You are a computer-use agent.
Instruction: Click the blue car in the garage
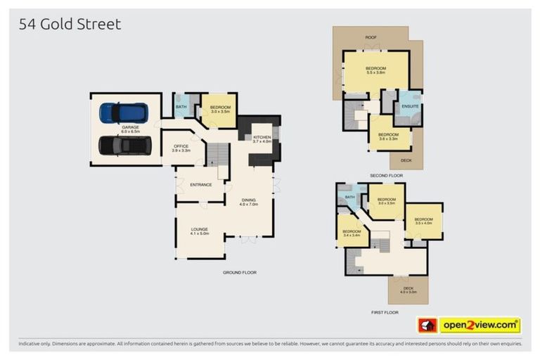coord(124,112)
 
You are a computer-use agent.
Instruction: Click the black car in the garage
coord(125,146)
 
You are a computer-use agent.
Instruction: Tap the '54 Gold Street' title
coord(70,24)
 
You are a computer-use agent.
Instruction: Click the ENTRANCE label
coord(200,184)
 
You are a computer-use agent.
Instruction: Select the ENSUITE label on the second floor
coord(409,107)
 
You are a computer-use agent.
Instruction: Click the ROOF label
coord(370,37)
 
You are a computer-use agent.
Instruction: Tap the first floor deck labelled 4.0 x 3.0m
coord(408,290)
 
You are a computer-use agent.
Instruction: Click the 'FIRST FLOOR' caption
coord(384,311)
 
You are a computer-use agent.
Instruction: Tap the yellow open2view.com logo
coord(480,325)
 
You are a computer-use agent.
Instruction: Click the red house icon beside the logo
coord(427,325)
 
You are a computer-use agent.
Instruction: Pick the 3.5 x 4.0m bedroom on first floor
coord(423,221)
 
